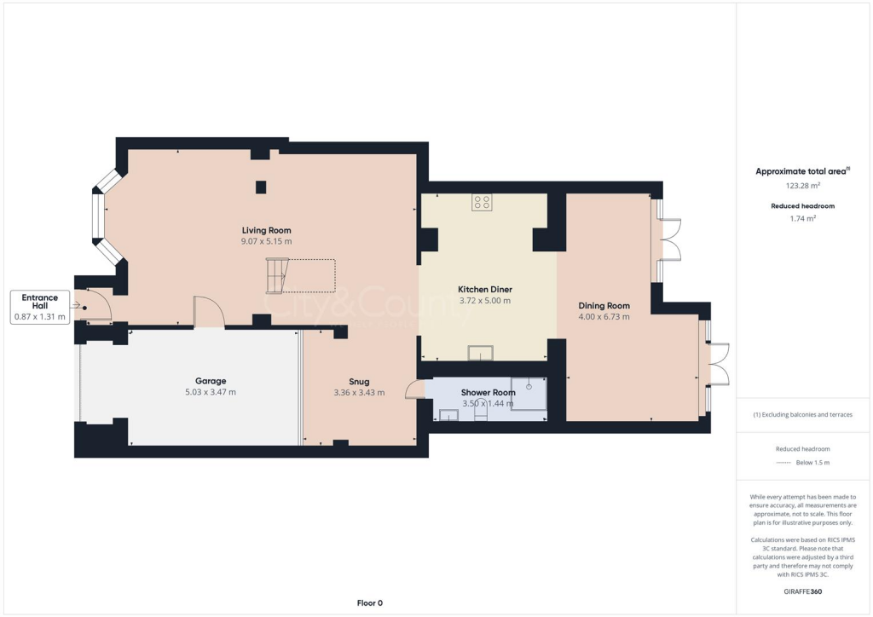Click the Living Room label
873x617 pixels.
tap(266, 230)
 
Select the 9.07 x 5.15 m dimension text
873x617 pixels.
tap(266, 241)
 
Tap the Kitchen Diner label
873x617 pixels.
tap(484, 289)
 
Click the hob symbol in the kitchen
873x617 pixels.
tap(482, 203)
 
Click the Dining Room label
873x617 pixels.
tap(604, 306)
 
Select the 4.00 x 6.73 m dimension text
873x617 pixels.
tap(604, 317)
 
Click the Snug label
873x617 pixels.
tap(359, 382)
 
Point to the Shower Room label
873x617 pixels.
tap(489, 392)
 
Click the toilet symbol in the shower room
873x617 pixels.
tap(480, 412)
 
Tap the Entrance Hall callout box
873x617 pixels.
tap(40, 307)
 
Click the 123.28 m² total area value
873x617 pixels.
tap(802, 185)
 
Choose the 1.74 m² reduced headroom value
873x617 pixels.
tap(802, 219)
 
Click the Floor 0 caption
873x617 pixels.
tap(369, 603)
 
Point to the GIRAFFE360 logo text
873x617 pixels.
tap(802, 591)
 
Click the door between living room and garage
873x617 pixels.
tap(209, 312)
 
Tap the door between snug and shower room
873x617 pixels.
tap(415, 389)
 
